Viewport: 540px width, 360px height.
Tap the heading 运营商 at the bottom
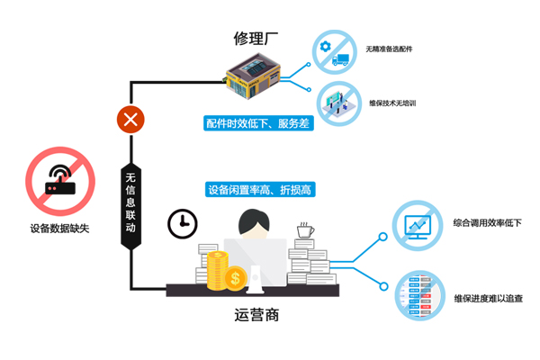pyautogui.click(x=257, y=316)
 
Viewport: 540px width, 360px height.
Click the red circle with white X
pyautogui.click(x=132, y=119)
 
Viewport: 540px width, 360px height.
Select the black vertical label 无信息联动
pyautogui.click(x=130, y=202)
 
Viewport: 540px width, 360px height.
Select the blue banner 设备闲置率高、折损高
pyautogui.click(x=258, y=190)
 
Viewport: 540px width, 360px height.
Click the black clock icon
pyautogui.click(x=182, y=223)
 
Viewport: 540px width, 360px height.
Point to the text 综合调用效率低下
pyautogui.click(x=487, y=222)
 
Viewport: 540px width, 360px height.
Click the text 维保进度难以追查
pyautogui.click(x=487, y=298)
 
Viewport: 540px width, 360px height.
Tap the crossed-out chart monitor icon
pyautogui.click(x=417, y=226)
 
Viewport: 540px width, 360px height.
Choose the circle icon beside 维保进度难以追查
pyautogui.click(x=417, y=292)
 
